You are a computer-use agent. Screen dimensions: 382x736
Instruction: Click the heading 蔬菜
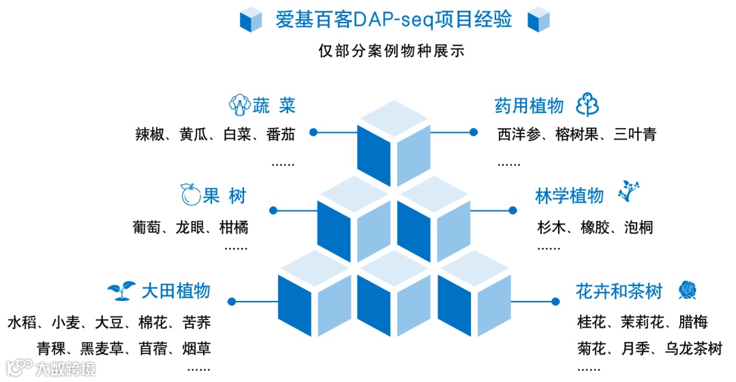[274, 106]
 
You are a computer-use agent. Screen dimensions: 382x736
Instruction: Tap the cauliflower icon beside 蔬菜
[239, 105]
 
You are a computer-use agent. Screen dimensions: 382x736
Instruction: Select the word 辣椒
[150, 134]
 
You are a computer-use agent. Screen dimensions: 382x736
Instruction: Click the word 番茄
[281, 134]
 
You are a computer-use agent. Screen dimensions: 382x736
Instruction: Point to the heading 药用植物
[530, 106]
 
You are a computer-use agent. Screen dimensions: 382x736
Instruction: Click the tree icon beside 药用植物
[587, 105]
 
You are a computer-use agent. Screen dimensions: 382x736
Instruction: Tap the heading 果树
[224, 196]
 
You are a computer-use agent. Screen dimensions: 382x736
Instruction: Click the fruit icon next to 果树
[190, 195]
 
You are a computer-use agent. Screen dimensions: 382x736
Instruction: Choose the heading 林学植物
[570, 196]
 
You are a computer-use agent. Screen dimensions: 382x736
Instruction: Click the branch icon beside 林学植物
[628, 192]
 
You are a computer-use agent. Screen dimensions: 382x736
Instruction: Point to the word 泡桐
[639, 227]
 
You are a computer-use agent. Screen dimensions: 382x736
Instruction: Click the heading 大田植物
[176, 291]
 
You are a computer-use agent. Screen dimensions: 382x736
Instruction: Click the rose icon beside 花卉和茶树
[686, 291]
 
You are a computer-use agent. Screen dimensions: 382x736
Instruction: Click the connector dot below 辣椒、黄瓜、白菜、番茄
[314, 132]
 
